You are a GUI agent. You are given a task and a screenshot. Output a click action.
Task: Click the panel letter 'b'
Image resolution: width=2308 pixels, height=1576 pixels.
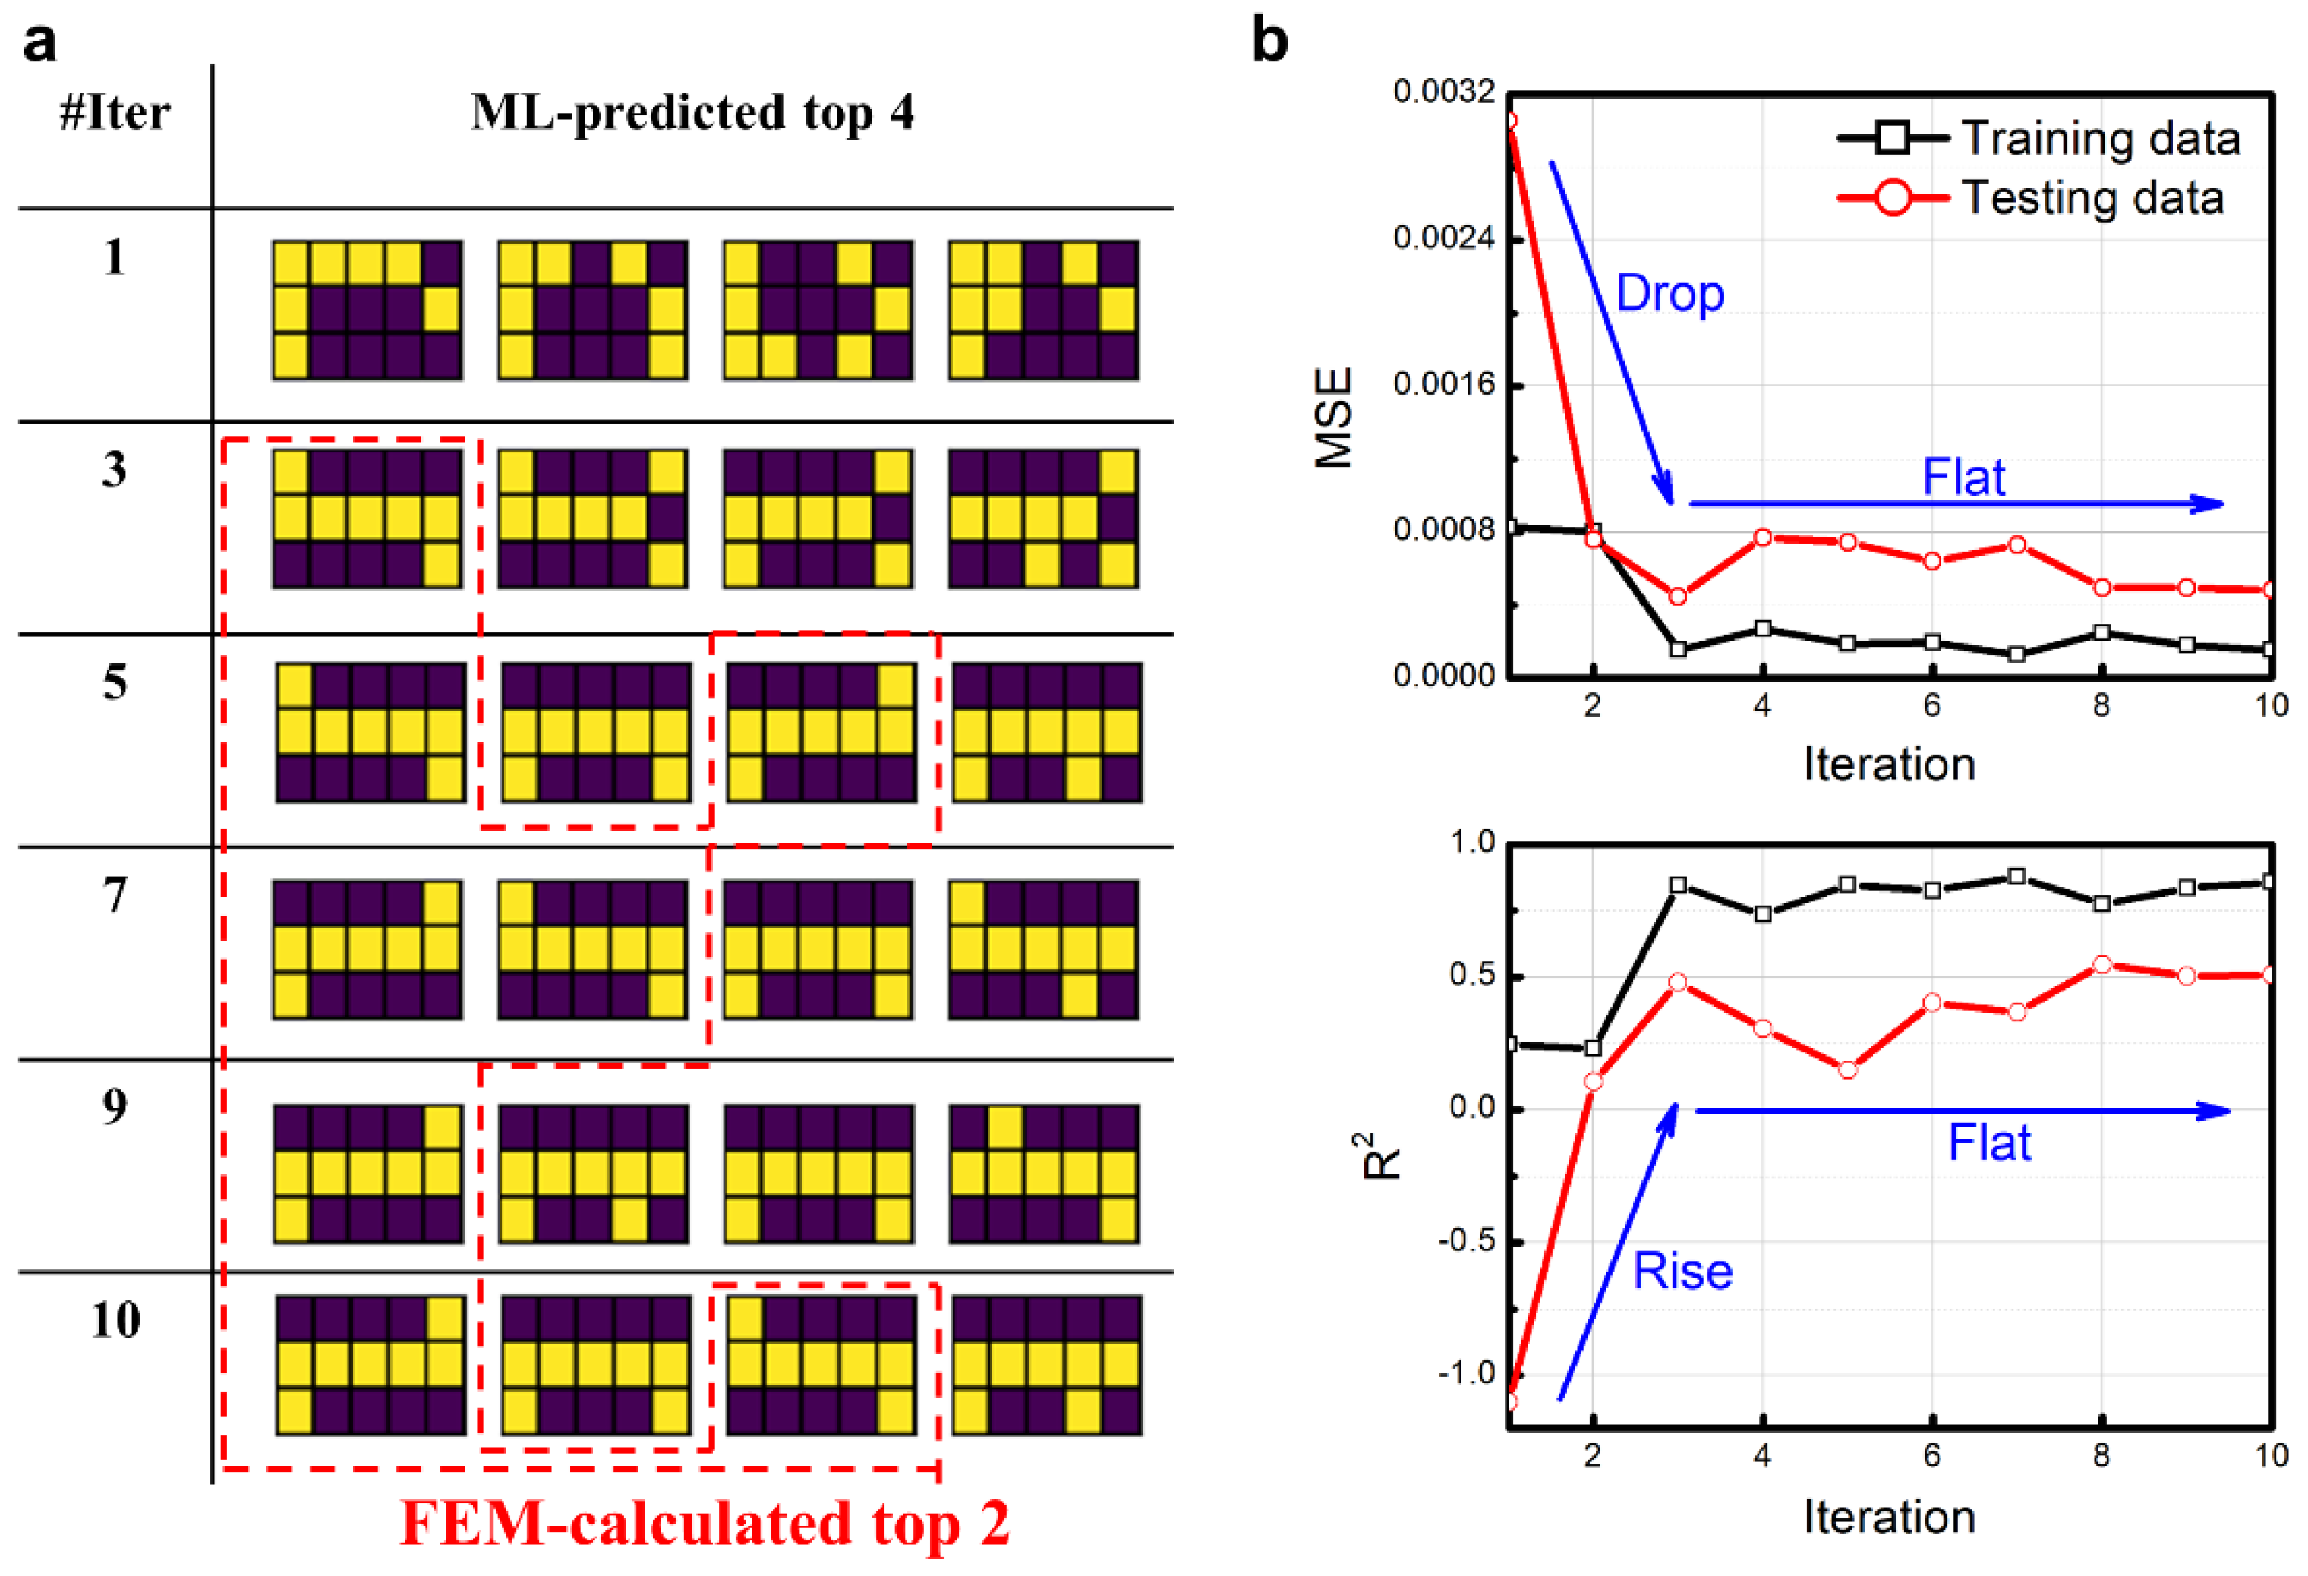[x=1269, y=42]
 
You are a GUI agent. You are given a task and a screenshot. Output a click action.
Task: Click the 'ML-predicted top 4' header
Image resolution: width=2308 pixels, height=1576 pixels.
[x=692, y=112]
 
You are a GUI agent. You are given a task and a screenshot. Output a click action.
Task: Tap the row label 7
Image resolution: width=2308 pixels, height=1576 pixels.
[x=115, y=895]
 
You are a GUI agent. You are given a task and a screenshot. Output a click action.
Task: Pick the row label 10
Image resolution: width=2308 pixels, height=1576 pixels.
[x=115, y=1320]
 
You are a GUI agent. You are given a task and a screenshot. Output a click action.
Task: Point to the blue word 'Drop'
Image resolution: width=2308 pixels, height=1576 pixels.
[x=1670, y=294]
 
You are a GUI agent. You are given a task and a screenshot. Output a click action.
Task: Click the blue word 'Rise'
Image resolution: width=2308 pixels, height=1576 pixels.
[x=1682, y=1271]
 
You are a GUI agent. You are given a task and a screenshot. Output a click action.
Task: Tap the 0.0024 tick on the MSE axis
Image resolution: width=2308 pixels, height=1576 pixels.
[x=1444, y=238]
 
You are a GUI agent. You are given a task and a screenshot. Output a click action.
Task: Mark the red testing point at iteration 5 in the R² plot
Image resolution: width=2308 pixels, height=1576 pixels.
[x=1847, y=1070]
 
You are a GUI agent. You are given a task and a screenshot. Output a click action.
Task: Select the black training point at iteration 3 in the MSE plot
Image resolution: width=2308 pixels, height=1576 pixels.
[x=1679, y=650]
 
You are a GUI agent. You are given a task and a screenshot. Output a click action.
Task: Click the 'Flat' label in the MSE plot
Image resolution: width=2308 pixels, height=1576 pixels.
[x=1963, y=478]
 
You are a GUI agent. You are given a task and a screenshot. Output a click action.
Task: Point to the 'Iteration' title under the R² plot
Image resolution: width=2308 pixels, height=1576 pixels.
[x=1889, y=1518]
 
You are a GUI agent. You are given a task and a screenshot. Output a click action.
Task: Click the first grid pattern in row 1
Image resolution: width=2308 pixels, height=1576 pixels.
[x=367, y=310]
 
